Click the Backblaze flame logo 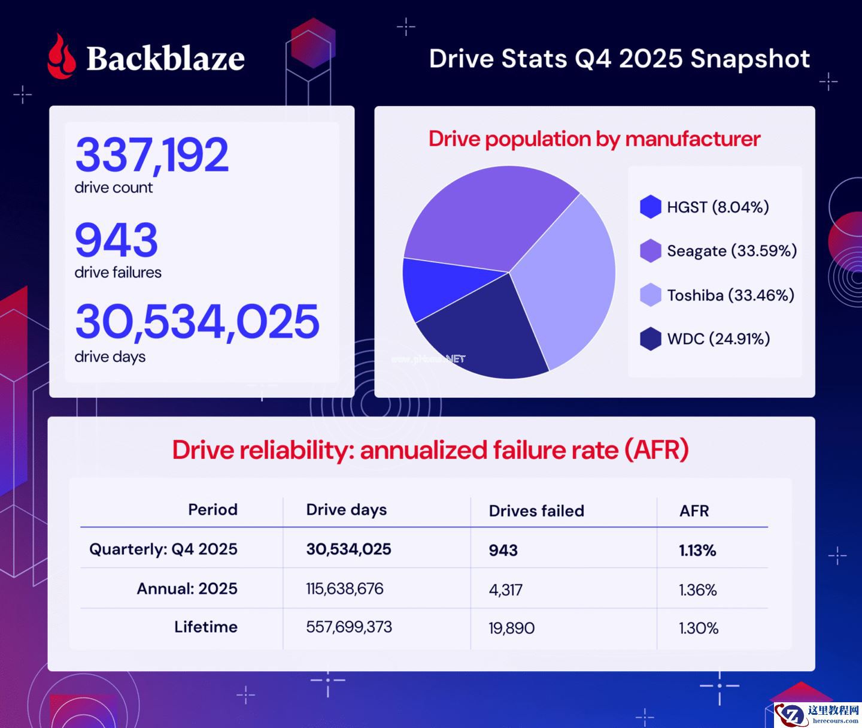coord(62,57)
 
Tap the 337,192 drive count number coord(152,155)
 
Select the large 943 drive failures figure coord(117,240)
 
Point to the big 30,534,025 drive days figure coord(198,322)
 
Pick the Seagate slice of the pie coord(485,219)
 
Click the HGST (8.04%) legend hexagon coord(650,207)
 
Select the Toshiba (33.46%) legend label coord(730,295)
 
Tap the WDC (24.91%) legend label coord(718,339)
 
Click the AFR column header coord(694,511)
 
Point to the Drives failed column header coord(536,511)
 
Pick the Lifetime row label coord(206,627)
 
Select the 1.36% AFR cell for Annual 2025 coord(697,590)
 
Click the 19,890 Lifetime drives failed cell coord(512,629)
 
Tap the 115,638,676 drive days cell coord(345,589)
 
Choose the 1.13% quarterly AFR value coord(697,551)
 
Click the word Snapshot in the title coord(750,59)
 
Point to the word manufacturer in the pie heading coord(693,139)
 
